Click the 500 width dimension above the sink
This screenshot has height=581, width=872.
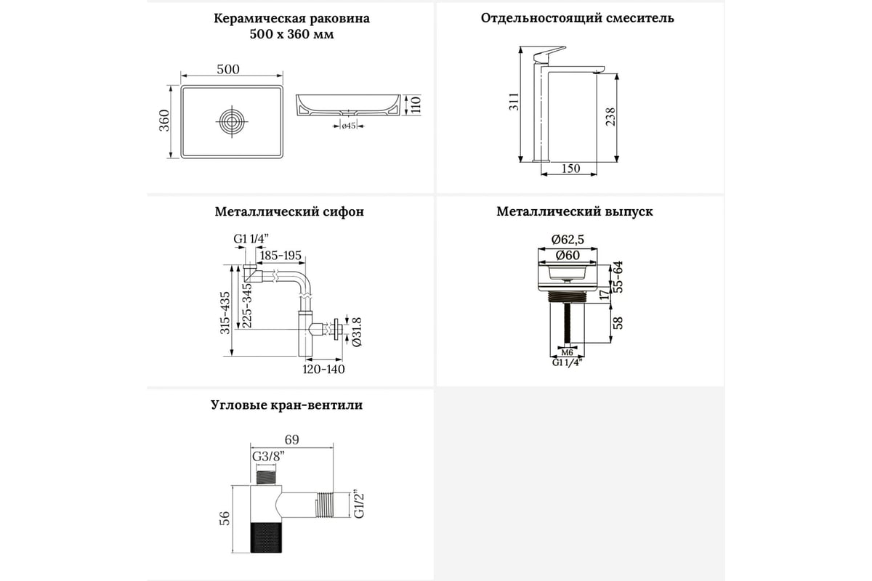pos(228,69)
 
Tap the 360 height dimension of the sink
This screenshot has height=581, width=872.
pos(164,121)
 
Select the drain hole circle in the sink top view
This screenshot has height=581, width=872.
pos(232,121)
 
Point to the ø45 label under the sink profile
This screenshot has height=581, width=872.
pos(349,126)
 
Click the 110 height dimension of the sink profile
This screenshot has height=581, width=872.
pos(416,105)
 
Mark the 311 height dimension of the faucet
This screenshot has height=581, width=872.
pos(514,101)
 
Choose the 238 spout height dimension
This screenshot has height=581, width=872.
pos(610,117)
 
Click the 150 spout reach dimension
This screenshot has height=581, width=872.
pos(570,168)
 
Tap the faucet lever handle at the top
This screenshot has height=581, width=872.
pos(550,54)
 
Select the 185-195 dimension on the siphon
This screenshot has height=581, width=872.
pos(280,256)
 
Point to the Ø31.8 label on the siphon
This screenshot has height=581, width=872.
pos(357,332)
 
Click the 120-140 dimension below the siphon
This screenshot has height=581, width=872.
pos(323,369)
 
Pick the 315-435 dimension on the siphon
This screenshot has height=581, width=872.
pos(225,312)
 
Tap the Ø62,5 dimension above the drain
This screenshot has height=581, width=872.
pos(568,240)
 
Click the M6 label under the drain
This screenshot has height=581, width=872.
pos(568,352)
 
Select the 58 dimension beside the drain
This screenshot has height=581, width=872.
pos(618,323)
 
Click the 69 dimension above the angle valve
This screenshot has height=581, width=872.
pos(291,439)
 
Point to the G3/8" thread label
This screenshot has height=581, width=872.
pos(268,457)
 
